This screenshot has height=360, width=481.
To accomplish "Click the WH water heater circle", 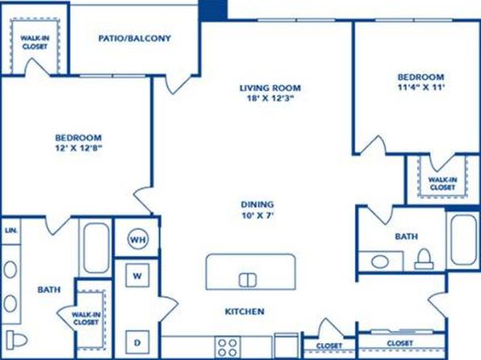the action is tap(138, 239).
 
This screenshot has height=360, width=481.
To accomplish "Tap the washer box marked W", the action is tap(137, 275).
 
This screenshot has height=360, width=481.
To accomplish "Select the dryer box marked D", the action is tap(137, 342).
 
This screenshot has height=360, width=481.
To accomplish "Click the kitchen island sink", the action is tap(248, 280).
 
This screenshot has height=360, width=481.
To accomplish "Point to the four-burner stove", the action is tap(228, 347).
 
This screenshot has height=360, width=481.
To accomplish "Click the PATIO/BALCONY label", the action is tap(135, 39).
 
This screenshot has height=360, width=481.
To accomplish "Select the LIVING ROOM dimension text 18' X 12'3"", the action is tap(270, 98).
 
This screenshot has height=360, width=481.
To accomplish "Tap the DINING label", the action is tap(257, 204).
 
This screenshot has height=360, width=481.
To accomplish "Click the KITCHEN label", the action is tap(245, 312).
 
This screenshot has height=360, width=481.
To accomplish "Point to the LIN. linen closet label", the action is tap(11, 231).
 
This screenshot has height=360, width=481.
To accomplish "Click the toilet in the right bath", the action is tap(425, 259).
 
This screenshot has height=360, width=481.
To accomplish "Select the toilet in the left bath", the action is tap(17, 340).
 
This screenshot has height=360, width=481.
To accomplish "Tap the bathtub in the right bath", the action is tap(464, 240).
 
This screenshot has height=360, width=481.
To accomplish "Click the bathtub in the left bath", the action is tap(96, 248).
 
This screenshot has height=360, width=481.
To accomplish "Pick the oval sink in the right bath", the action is tap(380, 262).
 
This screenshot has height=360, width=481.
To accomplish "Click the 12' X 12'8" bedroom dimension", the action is tap(78, 149).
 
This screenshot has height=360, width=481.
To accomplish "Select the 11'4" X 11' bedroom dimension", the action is tap(421, 87).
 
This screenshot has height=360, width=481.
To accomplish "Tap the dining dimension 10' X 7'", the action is tap(257, 216).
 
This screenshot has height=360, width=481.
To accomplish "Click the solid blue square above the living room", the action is tap(214, 10).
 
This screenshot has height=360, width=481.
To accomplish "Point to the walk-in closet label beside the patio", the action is tap(35, 42).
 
